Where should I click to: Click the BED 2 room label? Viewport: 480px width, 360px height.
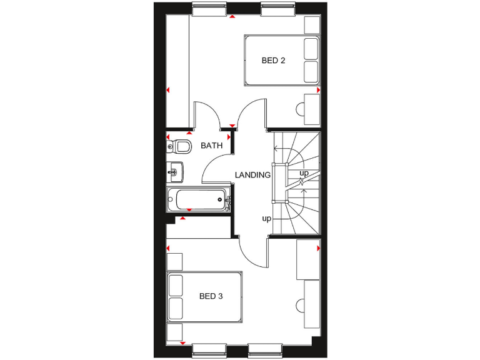pyautogui.click(x=273, y=61)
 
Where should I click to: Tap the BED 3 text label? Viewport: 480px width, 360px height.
pyautogui.click(x=211, y=296)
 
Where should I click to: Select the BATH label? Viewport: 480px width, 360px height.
pyautogui.click(x=211, y=146)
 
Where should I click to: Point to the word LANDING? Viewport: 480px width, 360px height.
pyautogui.click(x=252, y=175)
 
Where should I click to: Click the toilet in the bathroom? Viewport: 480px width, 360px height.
pyautogui.click(x=180, y=146)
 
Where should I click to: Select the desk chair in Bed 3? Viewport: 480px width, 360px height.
pyautogui.click(x=300, y=306)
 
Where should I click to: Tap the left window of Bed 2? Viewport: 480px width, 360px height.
pyautogui.click(x=209, y=10)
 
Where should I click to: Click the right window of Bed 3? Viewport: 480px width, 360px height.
pyautogui.click(x=266, y=349)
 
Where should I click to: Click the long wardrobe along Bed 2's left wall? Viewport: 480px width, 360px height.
pyautogui.click(x=177, y=69)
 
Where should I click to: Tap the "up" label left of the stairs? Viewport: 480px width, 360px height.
pyautogui.click(x=267, y=219)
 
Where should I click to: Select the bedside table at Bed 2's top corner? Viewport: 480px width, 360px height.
pyautogui.click(x=311, y=24)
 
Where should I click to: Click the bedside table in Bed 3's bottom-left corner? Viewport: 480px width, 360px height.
pyautogui.click(x=174, y=332)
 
